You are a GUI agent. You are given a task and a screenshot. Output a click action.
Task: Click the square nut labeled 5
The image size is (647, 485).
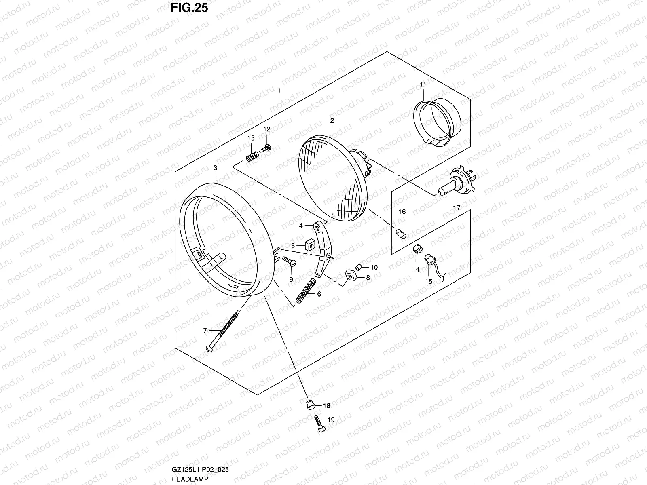[310, 245]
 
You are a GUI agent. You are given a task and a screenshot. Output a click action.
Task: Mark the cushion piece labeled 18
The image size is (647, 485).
[310, 403]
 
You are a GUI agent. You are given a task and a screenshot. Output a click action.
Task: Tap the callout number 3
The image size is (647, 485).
[215, 167]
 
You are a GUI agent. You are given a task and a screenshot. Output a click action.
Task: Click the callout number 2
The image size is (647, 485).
[332, 120]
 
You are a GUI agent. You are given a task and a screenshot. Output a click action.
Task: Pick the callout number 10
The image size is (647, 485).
[374, 267]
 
